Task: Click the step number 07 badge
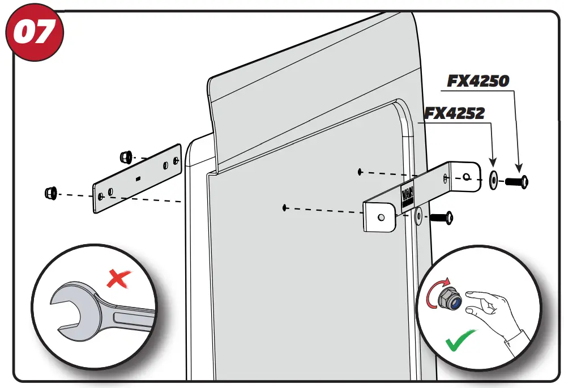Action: pos(34,35)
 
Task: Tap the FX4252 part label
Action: pos(455,113)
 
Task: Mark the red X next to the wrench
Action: pos(118,279)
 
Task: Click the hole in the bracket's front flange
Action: pos(381,217)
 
